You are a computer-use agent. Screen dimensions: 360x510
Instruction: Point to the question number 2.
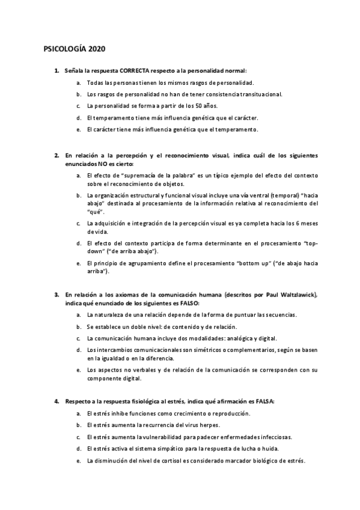56,155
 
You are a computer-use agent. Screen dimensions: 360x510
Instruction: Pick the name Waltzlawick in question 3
297,295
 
